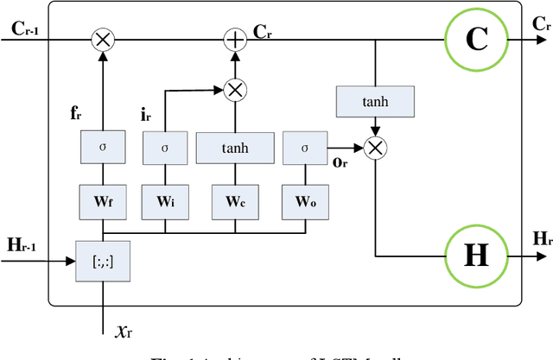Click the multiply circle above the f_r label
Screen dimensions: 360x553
tap(103, 39)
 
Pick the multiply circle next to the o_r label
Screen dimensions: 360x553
tap(374, 148)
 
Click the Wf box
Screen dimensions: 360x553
tap(103, 202)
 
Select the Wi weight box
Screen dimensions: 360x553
tap(165, 202)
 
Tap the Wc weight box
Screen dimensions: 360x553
tap(235, 202)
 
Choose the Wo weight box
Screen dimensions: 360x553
tap(305, 202)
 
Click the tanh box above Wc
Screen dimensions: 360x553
tap(235, 148)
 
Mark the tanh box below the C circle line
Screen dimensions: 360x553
tap(374, 102)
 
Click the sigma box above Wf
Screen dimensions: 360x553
tap(103, 148)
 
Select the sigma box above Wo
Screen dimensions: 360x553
tap(305, 148)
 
